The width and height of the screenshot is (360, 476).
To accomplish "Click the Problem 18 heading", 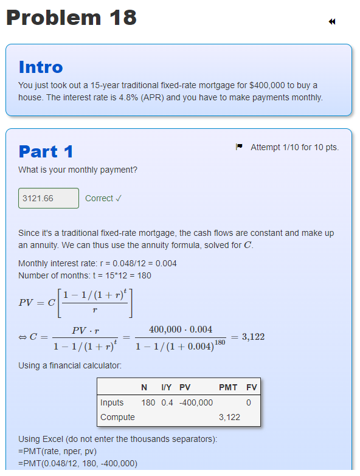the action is click(x=71, y=18).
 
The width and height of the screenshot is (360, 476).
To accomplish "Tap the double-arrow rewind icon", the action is click(x=332, y=22).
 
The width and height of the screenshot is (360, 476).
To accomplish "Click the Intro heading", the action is click(x=41, y=66).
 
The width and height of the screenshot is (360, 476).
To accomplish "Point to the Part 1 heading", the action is click(x=46, y=151).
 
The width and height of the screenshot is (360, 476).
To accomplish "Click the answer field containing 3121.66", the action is click(x=49, y=198).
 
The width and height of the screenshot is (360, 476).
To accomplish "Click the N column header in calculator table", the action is click(x=144, y=387).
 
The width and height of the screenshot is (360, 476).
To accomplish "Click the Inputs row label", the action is click(x=112, y=402).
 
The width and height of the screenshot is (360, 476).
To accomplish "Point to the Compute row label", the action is click(x=117, y=417).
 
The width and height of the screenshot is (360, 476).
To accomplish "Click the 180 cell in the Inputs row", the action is click(x=148, y=402).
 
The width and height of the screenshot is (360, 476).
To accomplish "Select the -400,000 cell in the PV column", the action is click(x=195, y=402).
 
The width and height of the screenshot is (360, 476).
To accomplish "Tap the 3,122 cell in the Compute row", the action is click(x=229, y=417).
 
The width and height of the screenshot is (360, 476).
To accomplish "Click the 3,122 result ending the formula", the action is click(x=253, y=337).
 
